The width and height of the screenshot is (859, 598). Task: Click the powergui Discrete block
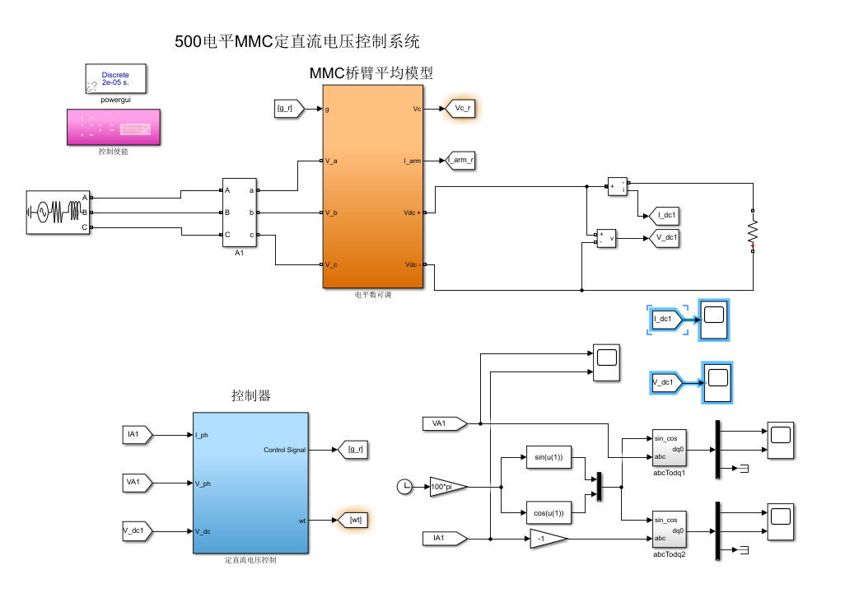[x=115, y=79]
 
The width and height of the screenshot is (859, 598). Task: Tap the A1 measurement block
[x=240, y=213]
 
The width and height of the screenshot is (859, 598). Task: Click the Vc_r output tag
[x=460, y=108]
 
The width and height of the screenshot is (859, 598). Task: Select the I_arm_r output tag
[x=460, y=161]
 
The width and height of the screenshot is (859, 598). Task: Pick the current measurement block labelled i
[x=618, y=187]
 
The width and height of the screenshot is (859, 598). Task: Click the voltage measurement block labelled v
[x=606, y=239]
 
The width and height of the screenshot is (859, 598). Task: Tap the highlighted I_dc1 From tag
[x=665, y=319]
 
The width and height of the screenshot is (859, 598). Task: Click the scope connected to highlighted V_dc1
[x=717, y=382]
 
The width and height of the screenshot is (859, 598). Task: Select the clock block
[x=404, y=487]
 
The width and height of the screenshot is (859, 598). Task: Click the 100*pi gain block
[x=448, y=487]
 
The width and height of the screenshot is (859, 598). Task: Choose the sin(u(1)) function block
[x=549, y=457]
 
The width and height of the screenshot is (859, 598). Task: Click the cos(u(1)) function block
[x=549, y=513]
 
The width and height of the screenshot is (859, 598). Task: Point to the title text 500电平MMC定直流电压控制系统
[x=297, y=41]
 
